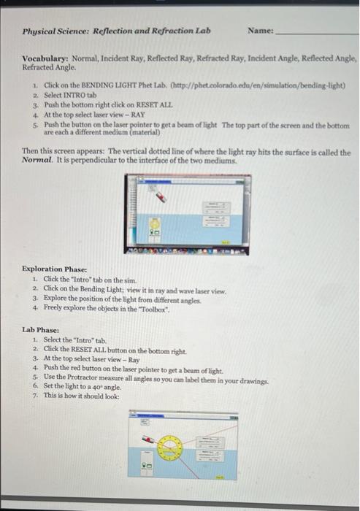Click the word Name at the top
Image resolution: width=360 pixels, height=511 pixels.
[259, 31]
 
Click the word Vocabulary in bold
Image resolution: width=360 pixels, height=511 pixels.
[46, 57]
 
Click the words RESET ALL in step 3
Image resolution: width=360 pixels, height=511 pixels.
[137, 104]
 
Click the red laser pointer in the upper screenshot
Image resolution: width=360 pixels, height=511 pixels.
[160, 195]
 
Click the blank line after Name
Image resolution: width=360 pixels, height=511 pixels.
[314, 34]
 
